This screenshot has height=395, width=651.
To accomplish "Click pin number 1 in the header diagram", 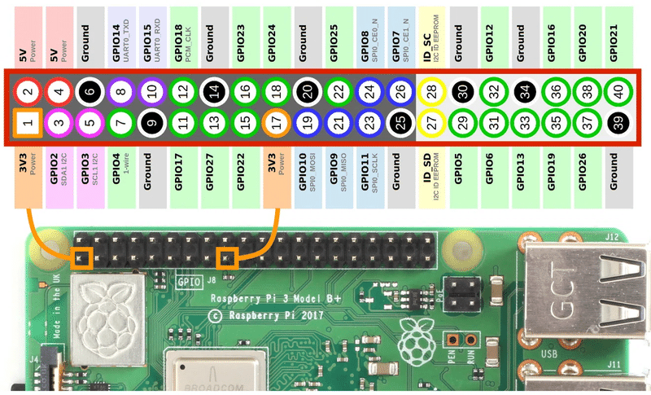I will point(28,125).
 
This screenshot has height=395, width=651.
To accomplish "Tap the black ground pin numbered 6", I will point(90,91).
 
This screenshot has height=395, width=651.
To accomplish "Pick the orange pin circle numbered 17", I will point(276,125).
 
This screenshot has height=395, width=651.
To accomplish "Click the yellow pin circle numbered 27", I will point(430,125).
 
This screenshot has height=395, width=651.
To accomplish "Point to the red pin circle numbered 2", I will point(28,91).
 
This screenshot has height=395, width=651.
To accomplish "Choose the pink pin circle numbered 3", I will point(59,125).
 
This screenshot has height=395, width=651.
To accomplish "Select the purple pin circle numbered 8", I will point(120,91).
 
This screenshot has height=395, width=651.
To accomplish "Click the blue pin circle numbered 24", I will point(369,91).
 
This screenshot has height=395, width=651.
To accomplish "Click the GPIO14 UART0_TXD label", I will point(120,36).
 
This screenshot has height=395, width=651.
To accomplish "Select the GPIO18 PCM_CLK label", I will point(182,36).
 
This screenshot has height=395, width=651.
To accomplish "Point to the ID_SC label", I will point(430,36).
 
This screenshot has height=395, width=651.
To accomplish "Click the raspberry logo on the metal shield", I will point(106,314).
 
